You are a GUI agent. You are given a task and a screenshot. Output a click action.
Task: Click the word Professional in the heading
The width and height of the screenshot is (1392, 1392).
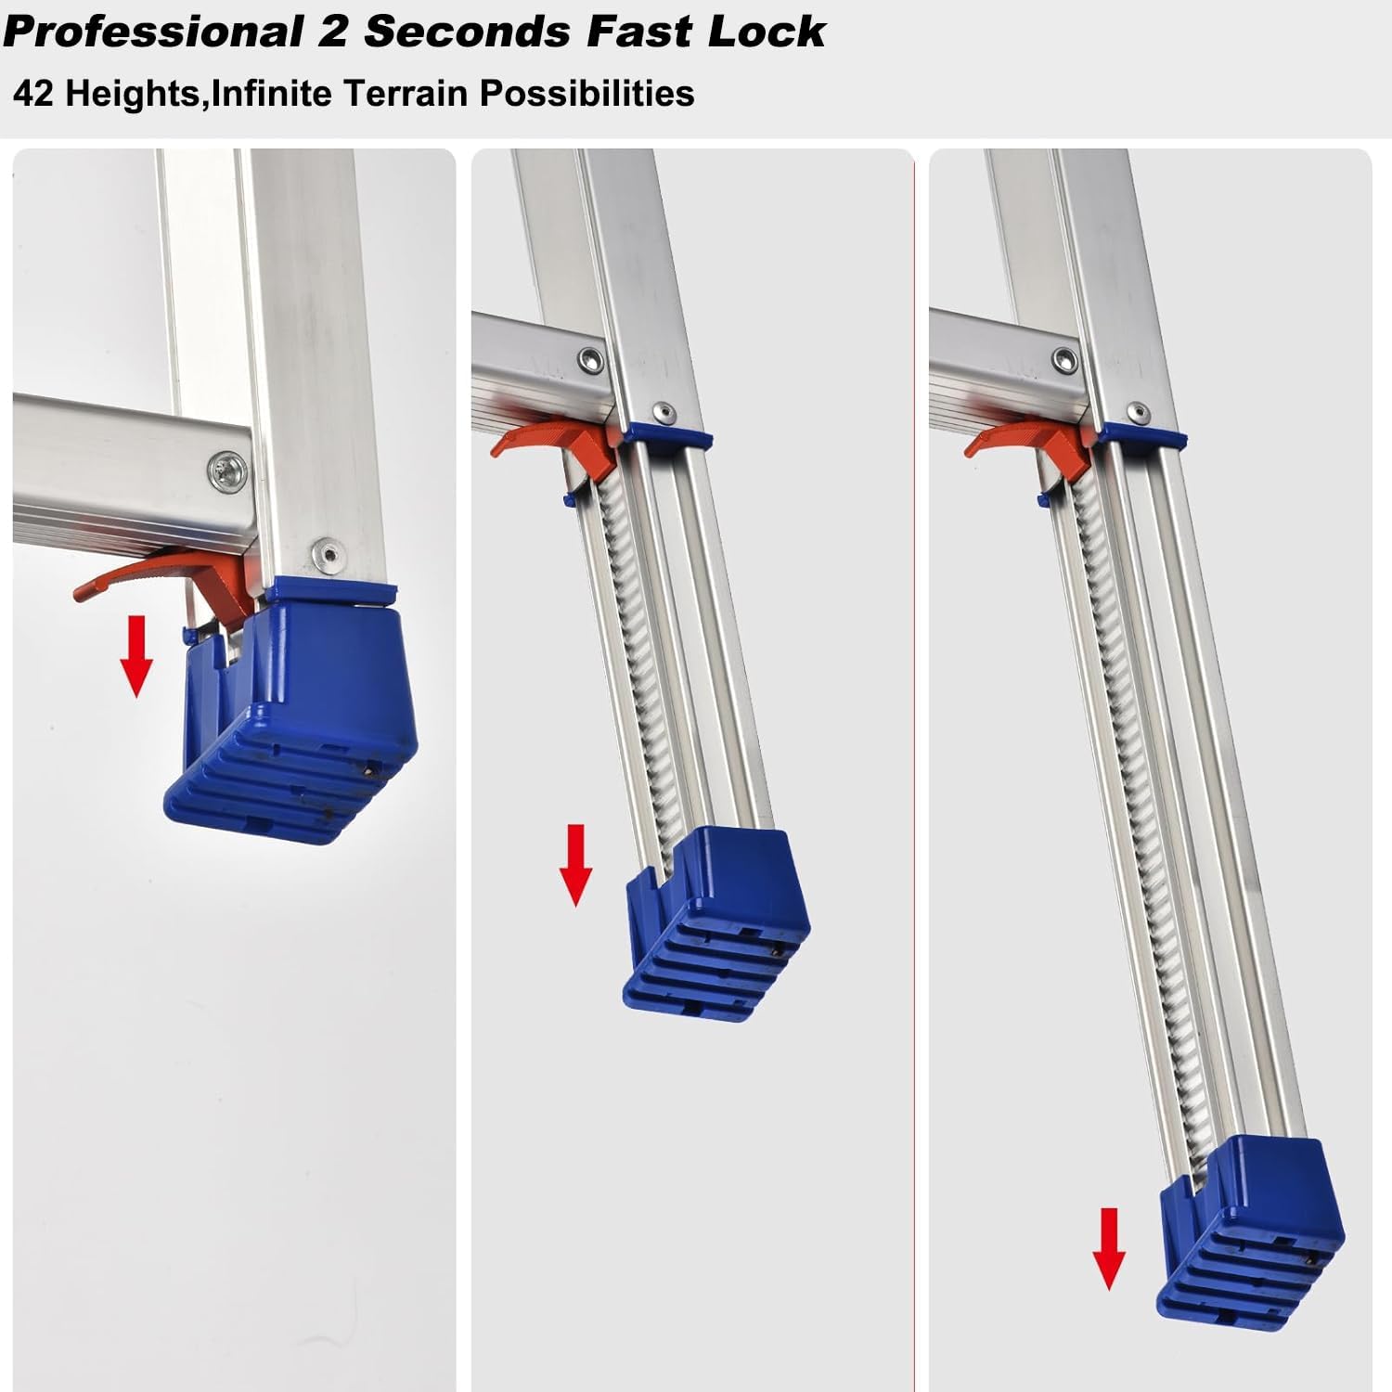coord(154,32)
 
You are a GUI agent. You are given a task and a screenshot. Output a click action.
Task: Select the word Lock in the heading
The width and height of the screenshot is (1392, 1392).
coord(767,31)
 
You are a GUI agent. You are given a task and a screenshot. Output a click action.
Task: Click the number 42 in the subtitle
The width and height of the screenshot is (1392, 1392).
coord(33,94)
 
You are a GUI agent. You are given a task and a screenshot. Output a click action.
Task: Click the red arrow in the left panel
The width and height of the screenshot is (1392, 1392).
coord(137,655)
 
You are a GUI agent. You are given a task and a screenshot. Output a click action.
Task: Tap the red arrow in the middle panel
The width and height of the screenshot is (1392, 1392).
coord(576,865)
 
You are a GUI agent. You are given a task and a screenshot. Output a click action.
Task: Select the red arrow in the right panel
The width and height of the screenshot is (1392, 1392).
coord(1109,1249)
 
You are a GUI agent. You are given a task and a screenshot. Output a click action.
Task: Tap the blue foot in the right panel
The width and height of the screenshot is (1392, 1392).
coord(1249,1229)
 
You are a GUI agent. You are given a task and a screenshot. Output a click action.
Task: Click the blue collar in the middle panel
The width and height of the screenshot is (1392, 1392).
coord(668,436)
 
